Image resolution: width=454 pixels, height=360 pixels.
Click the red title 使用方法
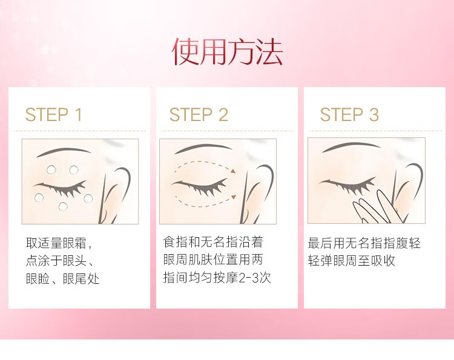point(227,51)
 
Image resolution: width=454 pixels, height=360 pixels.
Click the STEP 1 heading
point(53,114)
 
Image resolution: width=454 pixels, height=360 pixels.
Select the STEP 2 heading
point(199,114)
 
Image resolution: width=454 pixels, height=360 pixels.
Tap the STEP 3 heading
point(349,114)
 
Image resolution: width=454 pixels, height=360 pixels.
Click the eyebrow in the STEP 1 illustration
point(64,151)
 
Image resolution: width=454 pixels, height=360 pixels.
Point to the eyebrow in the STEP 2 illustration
point(203,148)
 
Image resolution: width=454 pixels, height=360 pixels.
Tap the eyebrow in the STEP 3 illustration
point(351,146)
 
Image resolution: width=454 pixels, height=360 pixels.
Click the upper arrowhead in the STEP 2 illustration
point(234,171)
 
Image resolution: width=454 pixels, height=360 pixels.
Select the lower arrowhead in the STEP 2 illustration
point(234,197)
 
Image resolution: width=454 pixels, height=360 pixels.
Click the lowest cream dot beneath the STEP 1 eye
point(63,206)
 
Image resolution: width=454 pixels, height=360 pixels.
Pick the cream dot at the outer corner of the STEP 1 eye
point(88,198)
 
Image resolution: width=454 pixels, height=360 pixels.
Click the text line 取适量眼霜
point(59,243)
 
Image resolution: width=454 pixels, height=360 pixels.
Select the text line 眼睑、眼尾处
point(62,279)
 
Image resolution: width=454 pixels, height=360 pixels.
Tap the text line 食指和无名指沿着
point(213,242)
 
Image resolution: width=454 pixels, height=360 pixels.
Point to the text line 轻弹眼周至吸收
point(352,261)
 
